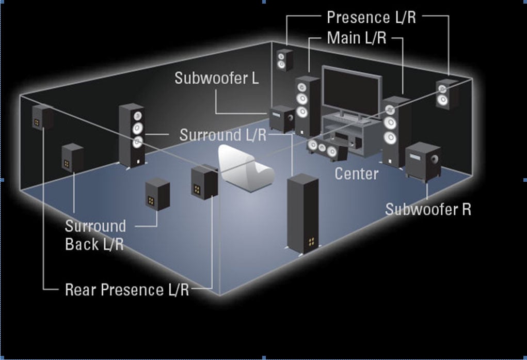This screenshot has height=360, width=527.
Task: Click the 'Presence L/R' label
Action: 371,17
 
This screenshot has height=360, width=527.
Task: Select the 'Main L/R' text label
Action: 356,38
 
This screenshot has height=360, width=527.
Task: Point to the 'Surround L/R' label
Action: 223,135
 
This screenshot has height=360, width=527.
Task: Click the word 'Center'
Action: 357,173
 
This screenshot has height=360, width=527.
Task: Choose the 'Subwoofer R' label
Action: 428,209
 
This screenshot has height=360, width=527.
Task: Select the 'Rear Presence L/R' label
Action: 127,290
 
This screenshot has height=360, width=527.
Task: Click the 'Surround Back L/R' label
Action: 95,235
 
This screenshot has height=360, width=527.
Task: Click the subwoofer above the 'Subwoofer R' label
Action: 423,161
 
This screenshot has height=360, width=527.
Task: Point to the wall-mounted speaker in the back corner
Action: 284,60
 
